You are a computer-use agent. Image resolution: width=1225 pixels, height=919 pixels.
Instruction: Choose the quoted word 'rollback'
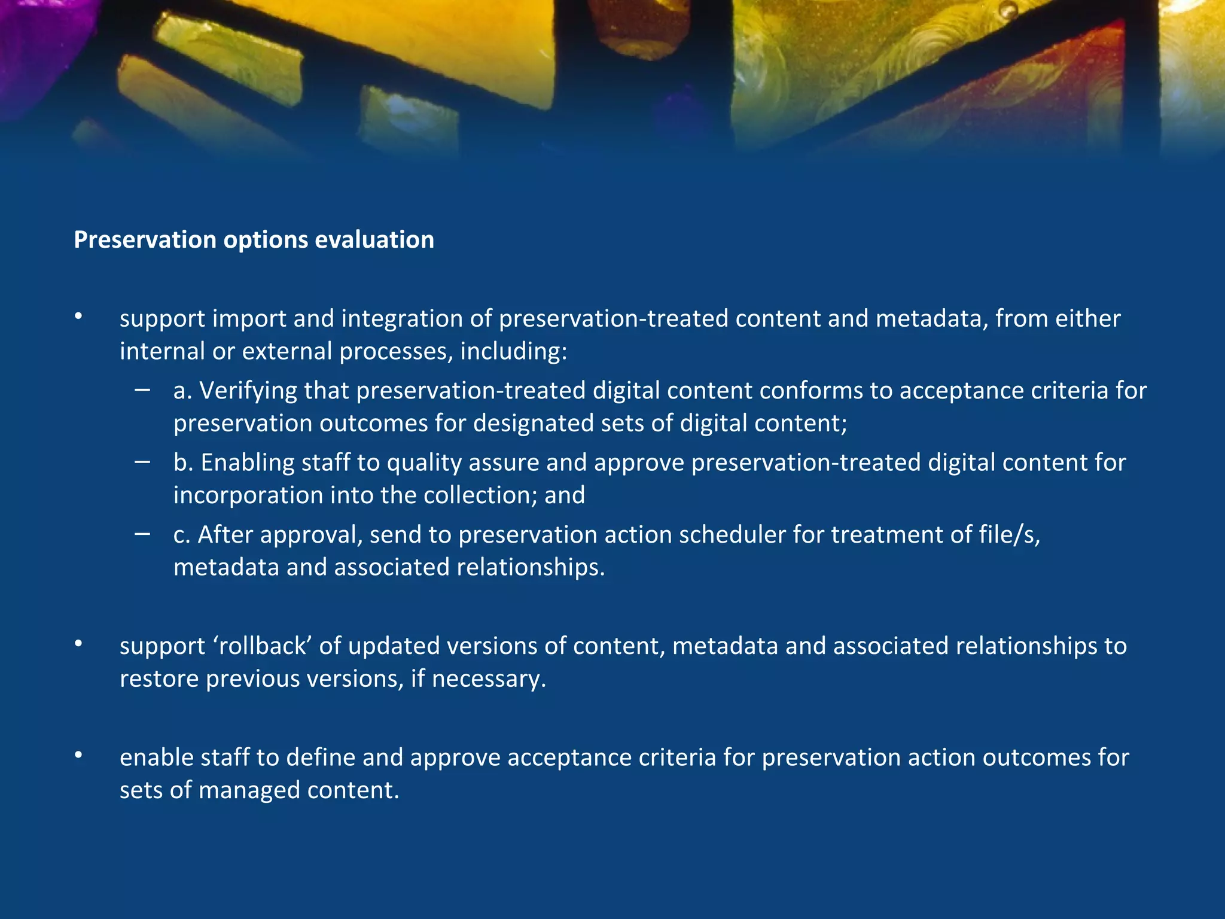tap(263, 646)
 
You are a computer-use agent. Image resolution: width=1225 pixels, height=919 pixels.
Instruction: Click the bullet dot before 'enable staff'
tap(78, 756)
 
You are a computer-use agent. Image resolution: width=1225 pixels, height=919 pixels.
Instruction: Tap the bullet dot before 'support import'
tap(78, 317)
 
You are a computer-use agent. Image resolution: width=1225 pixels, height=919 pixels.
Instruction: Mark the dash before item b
tap(142, 462)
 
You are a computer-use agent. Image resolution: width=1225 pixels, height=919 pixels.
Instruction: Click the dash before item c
tap(142, 534)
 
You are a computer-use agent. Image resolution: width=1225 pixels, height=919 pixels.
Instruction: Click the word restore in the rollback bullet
tap(159, 679)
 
